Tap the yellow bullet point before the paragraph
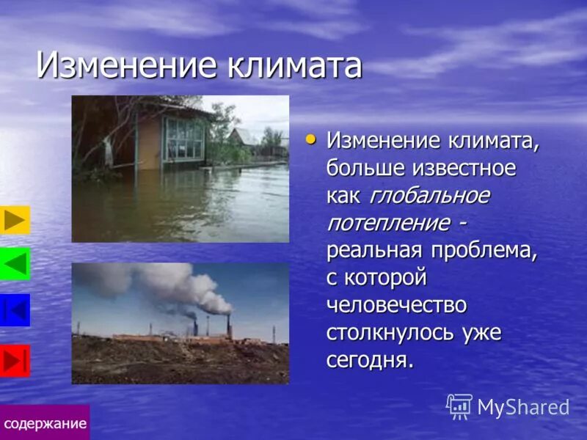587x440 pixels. point(311,137)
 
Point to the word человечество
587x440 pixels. point(396,304)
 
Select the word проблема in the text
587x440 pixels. point(484,250)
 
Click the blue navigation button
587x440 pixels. point(15,309)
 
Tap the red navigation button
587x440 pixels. point(15,361)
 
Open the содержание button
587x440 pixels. point(45,423)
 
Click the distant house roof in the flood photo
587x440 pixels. point(242,135)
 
